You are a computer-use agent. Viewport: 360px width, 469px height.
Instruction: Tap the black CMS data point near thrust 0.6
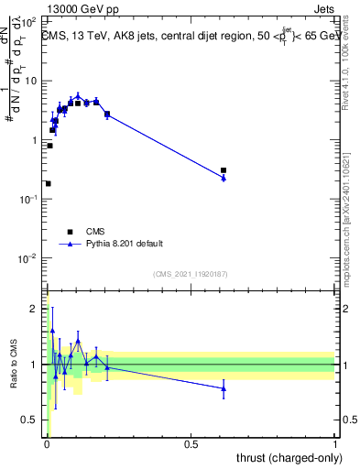tap(224, 170)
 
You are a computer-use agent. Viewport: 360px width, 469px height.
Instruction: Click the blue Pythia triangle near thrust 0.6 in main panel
tap(224, 178)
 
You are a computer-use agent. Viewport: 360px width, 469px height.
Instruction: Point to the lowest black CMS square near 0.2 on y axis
tap(48, 183)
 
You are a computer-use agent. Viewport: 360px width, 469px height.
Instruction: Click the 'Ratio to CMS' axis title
tap(13, 365)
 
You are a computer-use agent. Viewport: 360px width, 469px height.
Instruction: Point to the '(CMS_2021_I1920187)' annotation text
tap(190, 274)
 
